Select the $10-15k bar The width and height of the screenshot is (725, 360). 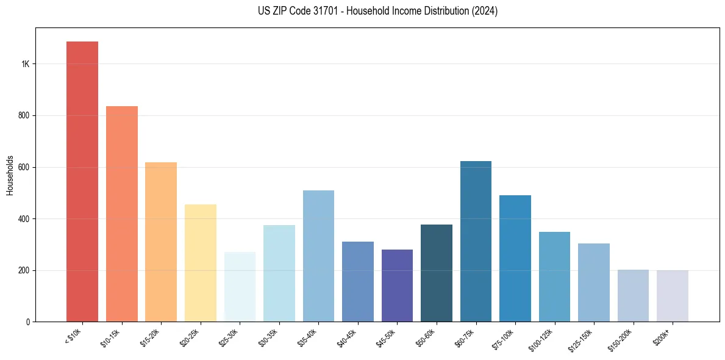point(122,214)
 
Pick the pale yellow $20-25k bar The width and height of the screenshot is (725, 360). point(201,263)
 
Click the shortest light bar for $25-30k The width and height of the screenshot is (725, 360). point(240,287)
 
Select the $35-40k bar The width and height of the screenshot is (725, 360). point(318,256)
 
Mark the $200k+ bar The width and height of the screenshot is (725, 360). point(673,296)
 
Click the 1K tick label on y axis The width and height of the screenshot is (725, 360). point(26,64)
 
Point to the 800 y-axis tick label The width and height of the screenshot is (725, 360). point(24,115)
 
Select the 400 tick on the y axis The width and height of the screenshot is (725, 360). point(24,218)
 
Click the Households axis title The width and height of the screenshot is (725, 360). point(10,175)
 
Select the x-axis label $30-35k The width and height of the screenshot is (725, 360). point(269,337)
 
